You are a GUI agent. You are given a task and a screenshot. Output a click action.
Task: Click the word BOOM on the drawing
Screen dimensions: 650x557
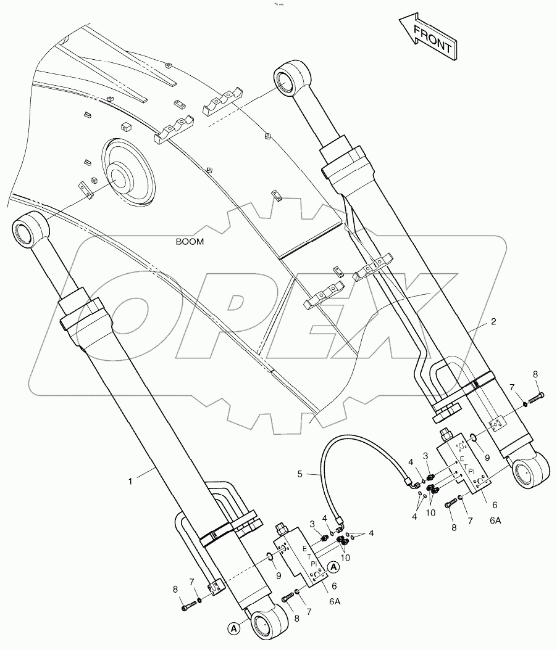tap(190, 242)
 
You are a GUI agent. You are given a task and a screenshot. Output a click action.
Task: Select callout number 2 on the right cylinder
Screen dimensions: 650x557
tap(493, 321)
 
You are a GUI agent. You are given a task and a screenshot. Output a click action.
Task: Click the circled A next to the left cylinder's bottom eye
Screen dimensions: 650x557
tap(234, 628)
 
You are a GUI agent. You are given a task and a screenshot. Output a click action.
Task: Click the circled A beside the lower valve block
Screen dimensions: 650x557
tap(333, 566)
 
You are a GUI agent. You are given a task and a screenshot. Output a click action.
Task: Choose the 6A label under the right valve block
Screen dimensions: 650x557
tap(496, 520)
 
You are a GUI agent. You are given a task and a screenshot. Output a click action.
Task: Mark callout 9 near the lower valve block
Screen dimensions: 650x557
tap(279, 577)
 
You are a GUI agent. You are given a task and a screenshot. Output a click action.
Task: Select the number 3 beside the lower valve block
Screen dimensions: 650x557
tap(313, 524)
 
